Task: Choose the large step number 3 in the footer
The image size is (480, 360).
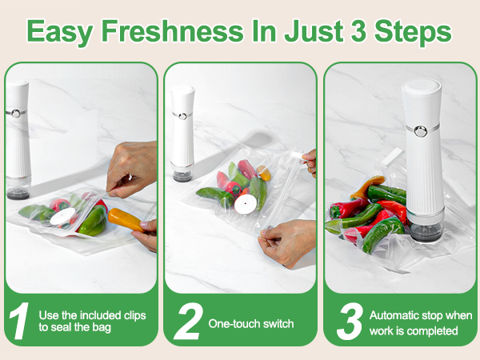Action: pos(350,322)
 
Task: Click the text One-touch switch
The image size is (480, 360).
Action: pos(250,324)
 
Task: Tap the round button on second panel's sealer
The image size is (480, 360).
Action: pos(183,116)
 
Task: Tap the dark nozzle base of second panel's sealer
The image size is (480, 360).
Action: pos(183,173)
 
